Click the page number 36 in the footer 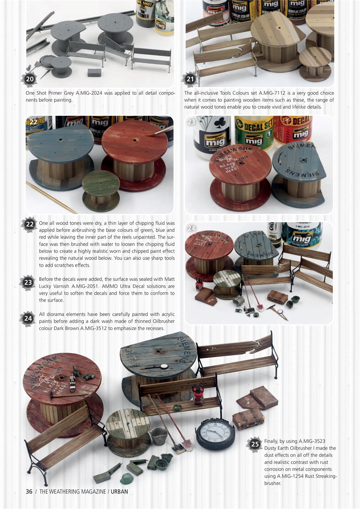point(29,492)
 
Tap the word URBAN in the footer point(119,492)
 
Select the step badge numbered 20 point(30,79)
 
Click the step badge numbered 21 point(190,79)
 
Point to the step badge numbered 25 point(255,444)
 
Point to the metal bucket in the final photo point(159,436)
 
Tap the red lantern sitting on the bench point(197,394)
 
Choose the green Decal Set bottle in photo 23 point(254,131)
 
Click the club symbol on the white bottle point(218,127)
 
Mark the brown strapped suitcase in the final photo point(248,419)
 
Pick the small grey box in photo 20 point(94,72)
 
